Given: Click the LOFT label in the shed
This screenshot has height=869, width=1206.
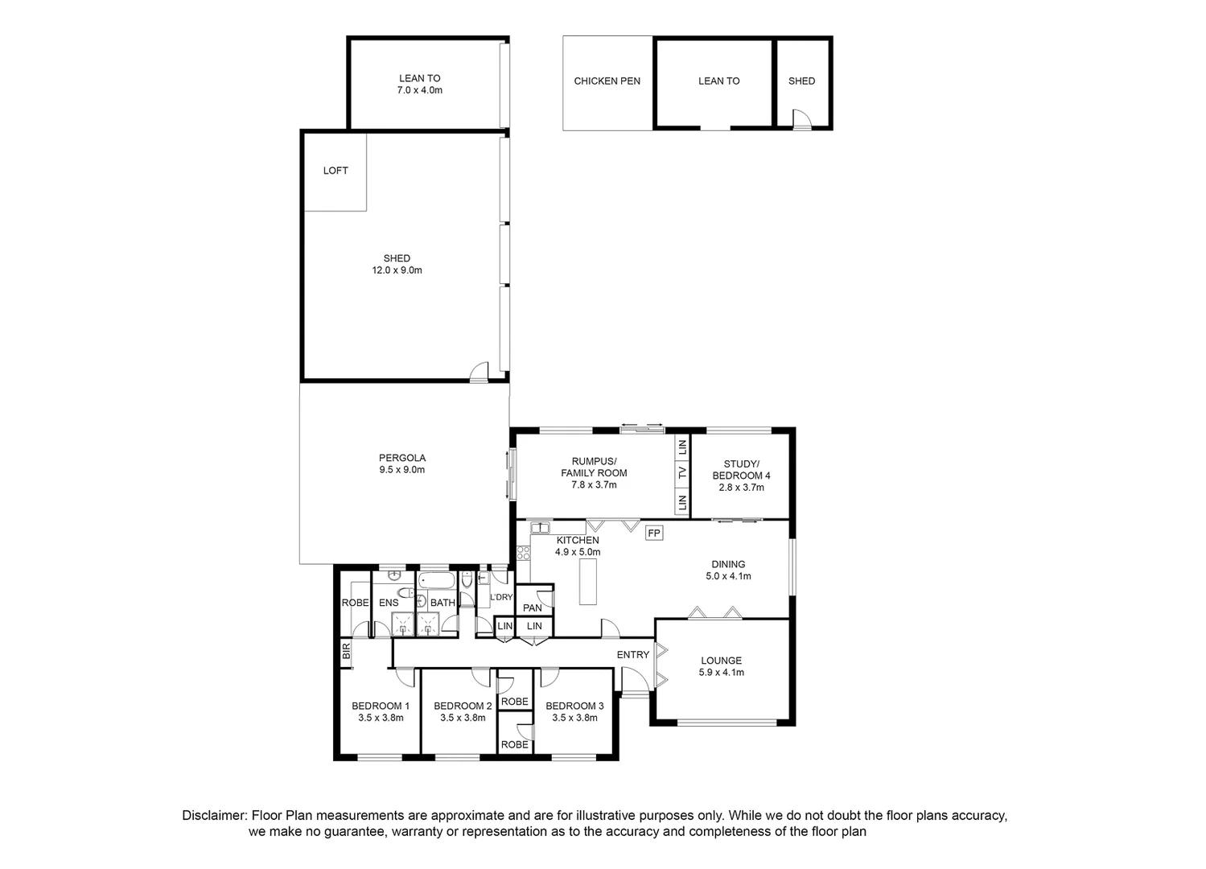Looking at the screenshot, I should click(x=335, y=171).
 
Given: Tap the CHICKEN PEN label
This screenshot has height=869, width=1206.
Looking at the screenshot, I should click(x=607, y=81).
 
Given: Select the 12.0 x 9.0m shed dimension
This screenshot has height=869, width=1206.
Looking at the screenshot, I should click(x=397, y=270).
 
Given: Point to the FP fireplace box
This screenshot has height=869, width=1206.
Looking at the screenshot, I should click(x=653, y=533).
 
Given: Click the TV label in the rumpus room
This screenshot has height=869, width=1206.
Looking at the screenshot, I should click(x=682, y=473).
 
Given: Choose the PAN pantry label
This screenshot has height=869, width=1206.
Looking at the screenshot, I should click(x=533, y=608).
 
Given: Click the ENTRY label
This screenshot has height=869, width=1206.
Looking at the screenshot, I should click(x=632, y=655).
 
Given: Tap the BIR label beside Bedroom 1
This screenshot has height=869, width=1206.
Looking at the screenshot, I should click(x=347, y=652).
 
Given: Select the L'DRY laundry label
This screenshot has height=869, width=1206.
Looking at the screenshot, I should click(x=501, y=597).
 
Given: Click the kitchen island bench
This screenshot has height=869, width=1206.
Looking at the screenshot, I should click(x=588, y=582).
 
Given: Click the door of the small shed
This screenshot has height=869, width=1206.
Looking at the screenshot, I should click(x=801, y=120).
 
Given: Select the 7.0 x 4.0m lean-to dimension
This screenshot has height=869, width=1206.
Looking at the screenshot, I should click(x=419, y=90).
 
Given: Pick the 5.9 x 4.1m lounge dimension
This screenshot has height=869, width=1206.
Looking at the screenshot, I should click(x=721, y=673).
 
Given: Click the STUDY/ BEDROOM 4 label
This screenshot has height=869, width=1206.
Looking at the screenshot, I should click(x=741, y=470).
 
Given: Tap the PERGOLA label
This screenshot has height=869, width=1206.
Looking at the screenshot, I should click(x=401, y=458).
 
